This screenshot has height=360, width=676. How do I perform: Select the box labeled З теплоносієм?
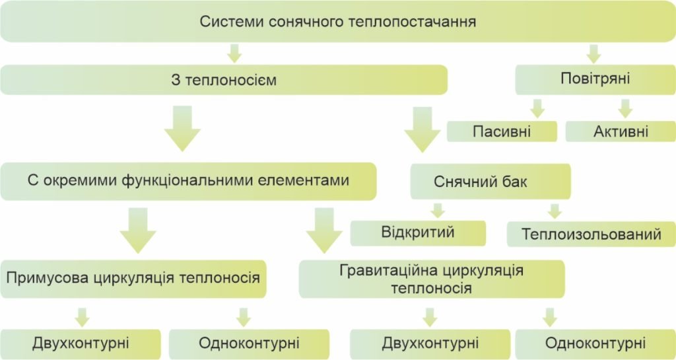pyautogui.click(x=224, y=80)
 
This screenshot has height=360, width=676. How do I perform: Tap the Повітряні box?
pyautogui.click(x=595, y=79)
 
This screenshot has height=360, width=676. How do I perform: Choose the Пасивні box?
pyautogui.click(x=502, y=131)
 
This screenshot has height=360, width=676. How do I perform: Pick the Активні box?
pyautogui.click(x=621, y=131)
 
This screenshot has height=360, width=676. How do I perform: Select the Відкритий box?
pyautogui.click(x=418, y=233)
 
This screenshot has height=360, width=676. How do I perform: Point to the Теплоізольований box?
pyautogui.click(x=591, y=234)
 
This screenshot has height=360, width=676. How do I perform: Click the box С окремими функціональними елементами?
pyautogui.click(x=188, y=180)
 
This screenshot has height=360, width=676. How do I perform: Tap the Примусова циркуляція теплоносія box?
pyautogui.click(x=133, y=277)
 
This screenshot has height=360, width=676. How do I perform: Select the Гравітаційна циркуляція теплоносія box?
pyautogui.click(x=432, y=279)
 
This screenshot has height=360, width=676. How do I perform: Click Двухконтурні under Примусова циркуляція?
pyautogui.click(x=81, y=343)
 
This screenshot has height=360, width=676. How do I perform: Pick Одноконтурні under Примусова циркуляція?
pyautogui.click(x=249, y=343)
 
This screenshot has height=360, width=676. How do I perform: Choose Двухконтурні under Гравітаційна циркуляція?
pyautogui.click(x=430, y=343)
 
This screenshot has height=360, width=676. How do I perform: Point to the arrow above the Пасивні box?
pyautogui.click(x=537, y=108)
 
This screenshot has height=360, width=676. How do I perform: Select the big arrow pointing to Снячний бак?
pyautogui.click(x=422, y=129)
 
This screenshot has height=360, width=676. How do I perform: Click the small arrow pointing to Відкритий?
pyautogui.click(x=436, y=211)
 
